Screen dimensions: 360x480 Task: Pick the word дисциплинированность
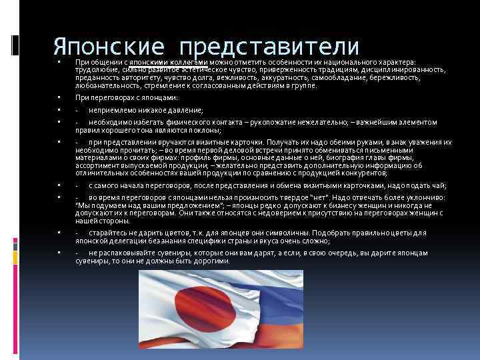[x=403, y=69]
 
